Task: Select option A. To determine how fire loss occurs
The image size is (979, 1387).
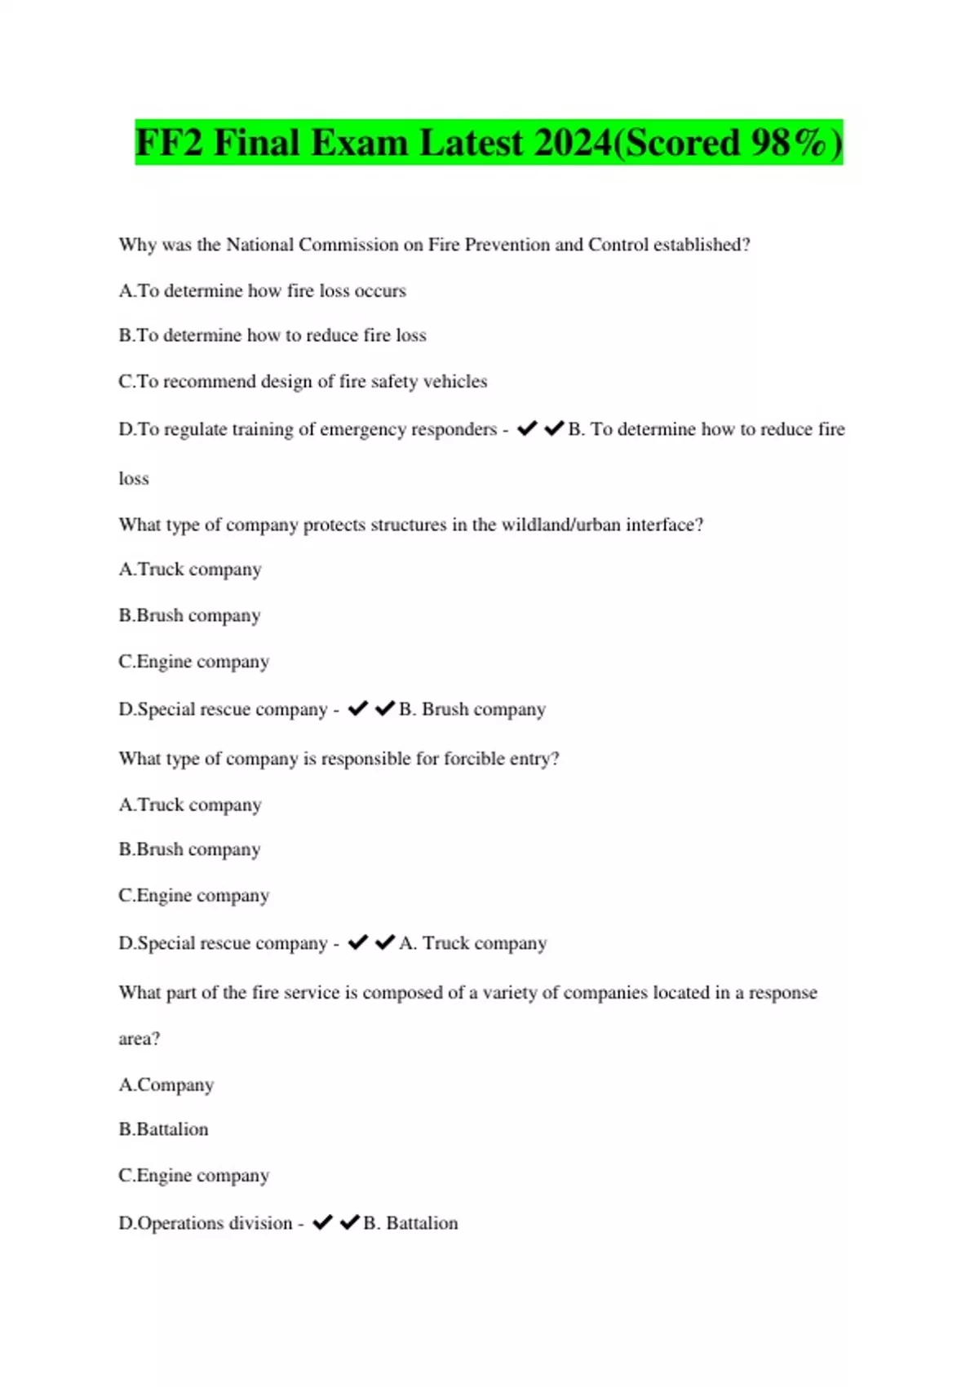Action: coord(262,291)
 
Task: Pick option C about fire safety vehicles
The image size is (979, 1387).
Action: coord(303,382)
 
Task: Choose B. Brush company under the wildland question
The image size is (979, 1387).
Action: coord(189,615)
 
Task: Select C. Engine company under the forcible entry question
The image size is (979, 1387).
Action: coord(193,896)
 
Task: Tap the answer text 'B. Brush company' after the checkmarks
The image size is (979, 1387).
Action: coord(472,710)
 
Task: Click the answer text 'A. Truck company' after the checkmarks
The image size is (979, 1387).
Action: coord(473,943)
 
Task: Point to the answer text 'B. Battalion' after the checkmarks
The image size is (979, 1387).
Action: coord(410,1223)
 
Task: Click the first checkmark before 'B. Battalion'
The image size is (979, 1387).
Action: coord(322,1222)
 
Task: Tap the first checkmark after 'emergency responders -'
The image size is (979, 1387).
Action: coord(527,428)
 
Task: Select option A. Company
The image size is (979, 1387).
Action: coord(166,1085)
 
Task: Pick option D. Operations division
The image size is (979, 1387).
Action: coord(205,1223)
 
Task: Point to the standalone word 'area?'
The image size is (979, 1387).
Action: coord(140,1039)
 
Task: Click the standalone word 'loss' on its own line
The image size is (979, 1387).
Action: coord(134,479)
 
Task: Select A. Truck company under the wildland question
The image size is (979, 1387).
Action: coord(190,569)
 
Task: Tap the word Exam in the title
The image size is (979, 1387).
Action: coord(359,143)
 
